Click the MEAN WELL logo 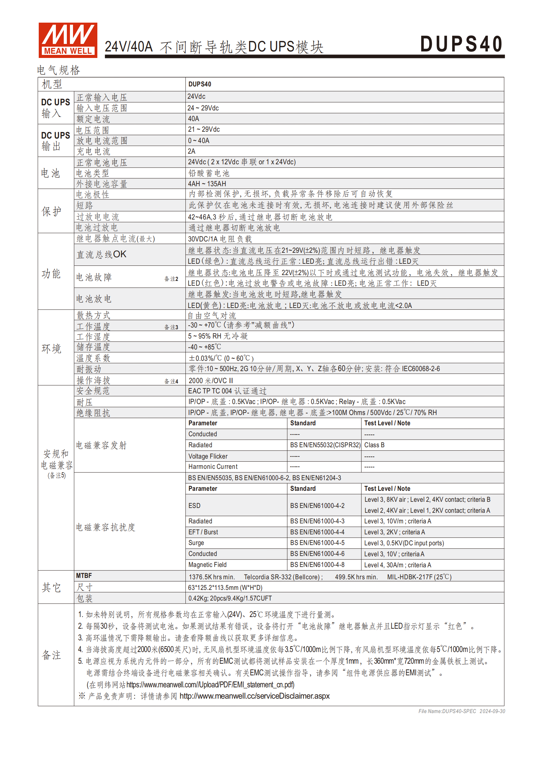click(x=68, y=40)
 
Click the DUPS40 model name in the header click(x=461, y=44)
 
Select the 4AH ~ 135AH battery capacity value click(x=207, y=184)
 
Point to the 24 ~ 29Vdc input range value click(x=203, y=108)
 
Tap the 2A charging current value click(x=192, y=151)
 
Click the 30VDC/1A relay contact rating click(x=220, y=239)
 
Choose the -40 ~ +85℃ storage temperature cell click(x=205, y=347)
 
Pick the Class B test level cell click(x=374, y=445)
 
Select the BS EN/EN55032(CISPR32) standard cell click(x=325, y=445)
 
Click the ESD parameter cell click(x=194, y=506)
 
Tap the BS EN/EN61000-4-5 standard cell click(x=317, y=543)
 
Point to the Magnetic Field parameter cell click(x=207, y=565)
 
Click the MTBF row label click(x=84, y=576)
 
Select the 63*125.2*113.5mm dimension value click(x=225, y=588)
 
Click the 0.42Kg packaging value click(x=230, y=599)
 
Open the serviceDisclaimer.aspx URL click(x=254, y=696)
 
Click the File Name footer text click(x=461, y=711)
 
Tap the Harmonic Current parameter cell click(x=213, y=467)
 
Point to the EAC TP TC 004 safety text click(x=227, y=391)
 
